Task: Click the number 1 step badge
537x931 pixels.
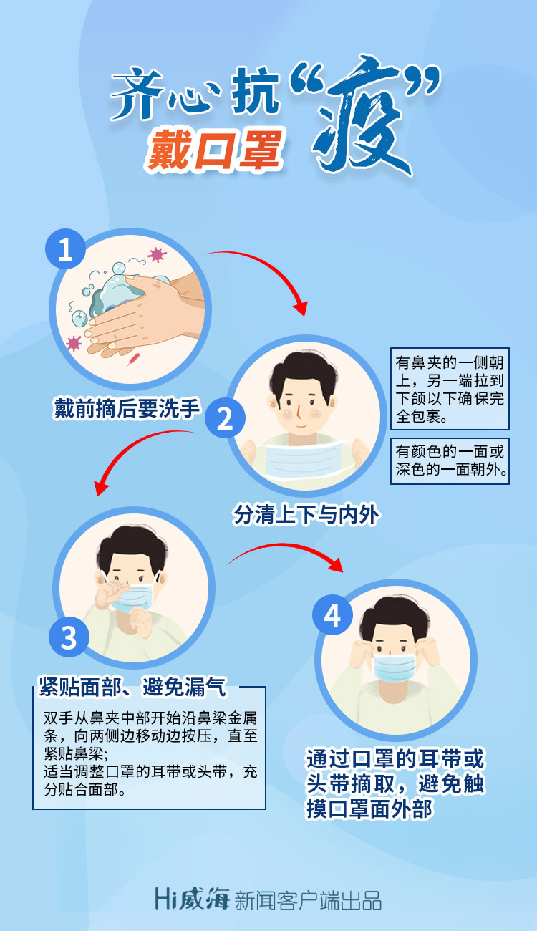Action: [65, 249]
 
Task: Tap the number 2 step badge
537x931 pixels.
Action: [225, 418]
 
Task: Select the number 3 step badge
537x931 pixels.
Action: [69, 637]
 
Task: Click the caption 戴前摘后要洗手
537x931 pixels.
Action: [127, 407]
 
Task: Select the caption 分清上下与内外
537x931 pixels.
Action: [306, 514]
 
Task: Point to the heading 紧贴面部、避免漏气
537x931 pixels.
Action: [132, 686]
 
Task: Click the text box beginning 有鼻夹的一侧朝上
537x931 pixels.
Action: [450, 389]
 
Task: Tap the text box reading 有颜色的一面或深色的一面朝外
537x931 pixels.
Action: [450, 461]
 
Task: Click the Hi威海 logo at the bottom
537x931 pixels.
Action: [192, 899]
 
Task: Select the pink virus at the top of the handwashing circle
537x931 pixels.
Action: [157, 254]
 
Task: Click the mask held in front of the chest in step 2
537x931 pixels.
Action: [306, 458]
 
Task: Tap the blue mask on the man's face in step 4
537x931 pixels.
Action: [394, 667]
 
